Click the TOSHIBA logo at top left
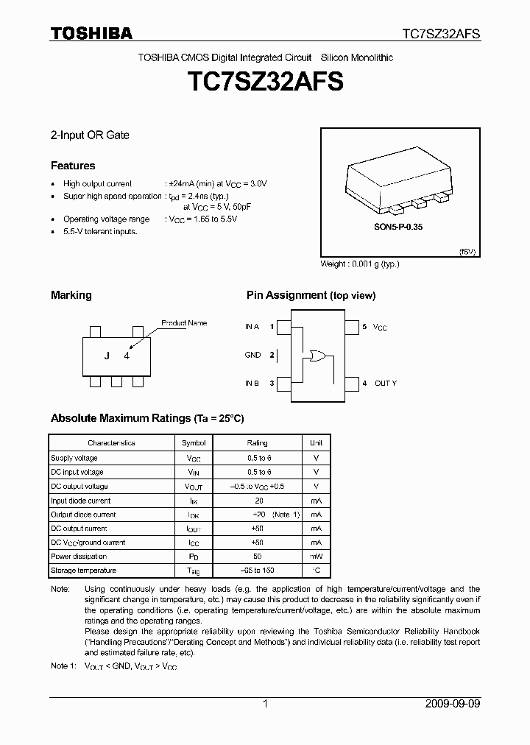click(x=91, y=33)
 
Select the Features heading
click(x=73, y=166)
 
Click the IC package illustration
click(x=399, y=183)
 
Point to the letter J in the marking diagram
click(x=107, y=356)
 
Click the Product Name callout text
click(x=184, y=323)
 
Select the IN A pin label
click(x=252, y=326)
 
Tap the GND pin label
click(x=252, y=355)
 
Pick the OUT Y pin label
click(x=385, y=384)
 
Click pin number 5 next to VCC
click(x=364, y=326)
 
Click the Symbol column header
click(x=194, y=443)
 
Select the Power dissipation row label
click(x=79, y=557)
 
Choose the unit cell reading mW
click(x=315, y=557)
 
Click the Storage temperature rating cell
click(x=257, y=571)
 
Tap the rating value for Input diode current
click(x=258, y=501)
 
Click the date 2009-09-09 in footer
click(x=453, y=704)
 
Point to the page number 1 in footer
click(x=265, y=704)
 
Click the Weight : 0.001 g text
click(x=360, y=264)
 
